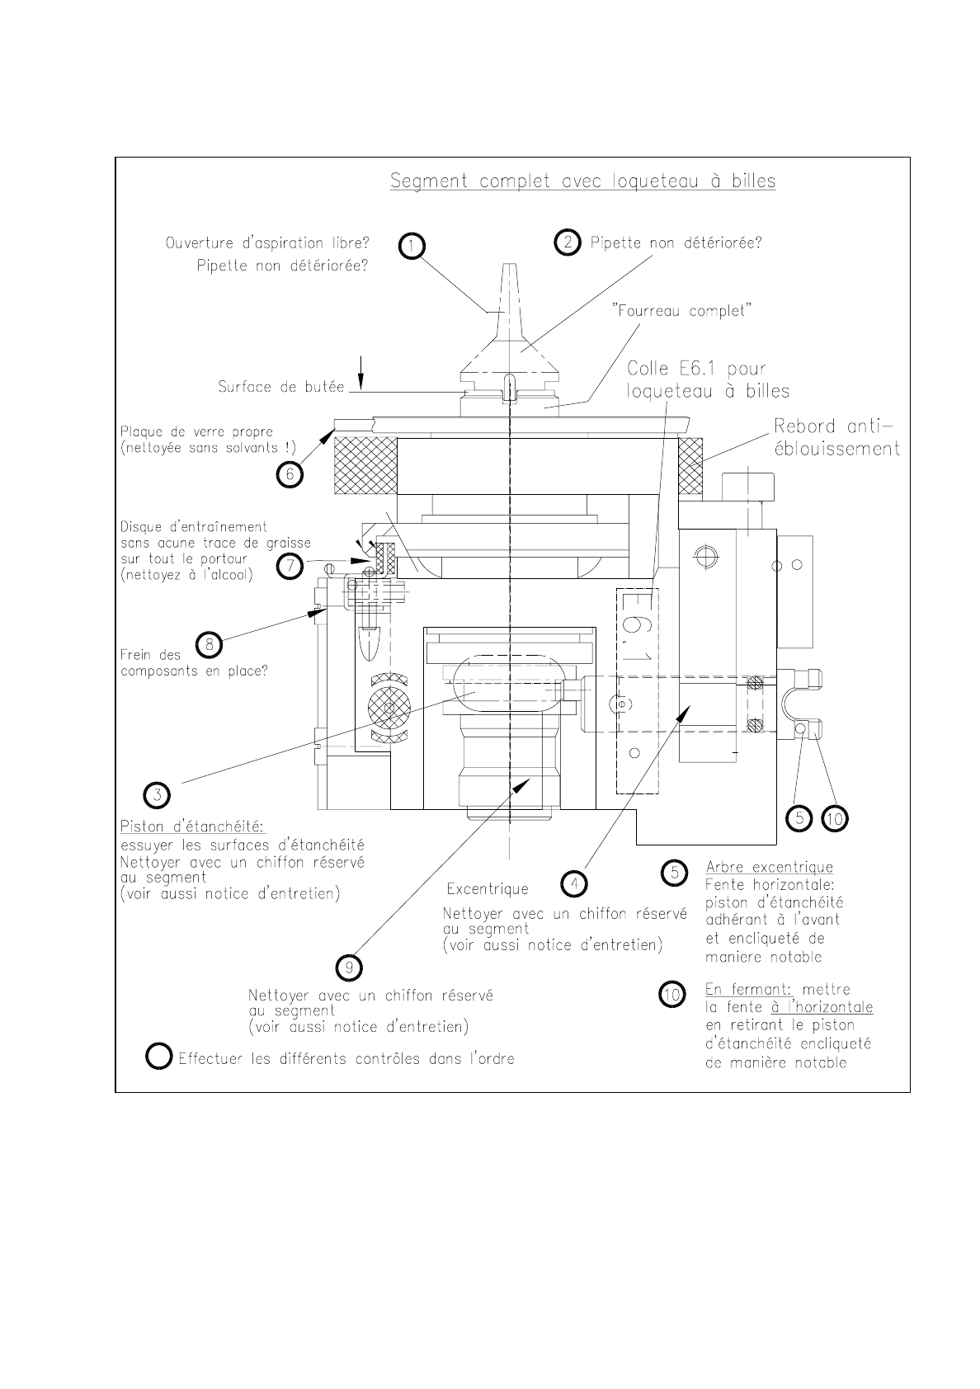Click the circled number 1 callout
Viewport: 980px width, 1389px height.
(412, 246)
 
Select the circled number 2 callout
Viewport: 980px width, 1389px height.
(568, 242)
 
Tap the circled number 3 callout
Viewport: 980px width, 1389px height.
(157, 794)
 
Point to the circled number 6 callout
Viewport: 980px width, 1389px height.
(290, 474)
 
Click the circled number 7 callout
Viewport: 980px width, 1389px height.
(290, 567)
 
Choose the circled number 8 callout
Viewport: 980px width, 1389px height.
(210, 644)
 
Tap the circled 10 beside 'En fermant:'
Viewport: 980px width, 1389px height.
(673, 995)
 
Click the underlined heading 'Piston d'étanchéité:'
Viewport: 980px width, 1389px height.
(191, 826)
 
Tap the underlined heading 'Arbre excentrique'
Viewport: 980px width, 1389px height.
(769, 867)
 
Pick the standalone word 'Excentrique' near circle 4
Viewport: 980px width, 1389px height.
(487, 889)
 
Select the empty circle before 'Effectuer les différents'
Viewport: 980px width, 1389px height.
(158, 1057)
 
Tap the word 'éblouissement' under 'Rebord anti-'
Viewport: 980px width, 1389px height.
(836, 449)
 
